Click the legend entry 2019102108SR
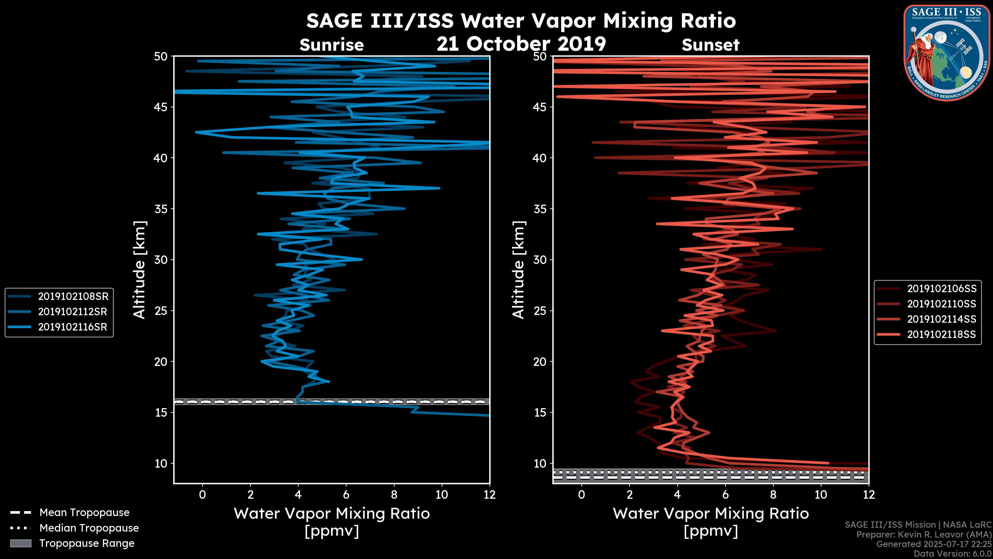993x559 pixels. click(x=73, y=296)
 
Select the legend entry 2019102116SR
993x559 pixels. click(x=73, y=327)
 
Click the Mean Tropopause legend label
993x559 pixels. click(x=84, y=512)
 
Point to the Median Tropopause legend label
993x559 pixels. click(x=89, y=528)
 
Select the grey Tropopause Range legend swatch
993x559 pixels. click(x=21, y=543)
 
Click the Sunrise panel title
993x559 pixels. click(x=332, y=45)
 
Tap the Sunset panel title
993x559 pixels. click(x=710, y=45)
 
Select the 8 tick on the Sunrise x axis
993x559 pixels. click(x=394, y=495)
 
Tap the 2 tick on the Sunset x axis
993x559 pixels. click(x=629, y=495)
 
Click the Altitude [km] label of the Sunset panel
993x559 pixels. click(x=519, y=270)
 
